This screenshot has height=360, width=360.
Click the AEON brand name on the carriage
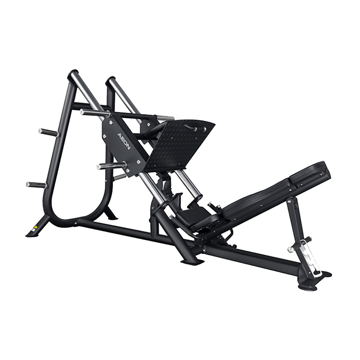(x=124, y=141)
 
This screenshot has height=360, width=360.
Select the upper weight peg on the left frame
(x=49, y=132)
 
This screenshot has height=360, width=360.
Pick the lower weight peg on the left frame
(x=36, y=184)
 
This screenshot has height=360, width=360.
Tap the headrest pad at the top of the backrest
(x=310, y=173)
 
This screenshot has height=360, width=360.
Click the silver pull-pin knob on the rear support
(x=290, y=250)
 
